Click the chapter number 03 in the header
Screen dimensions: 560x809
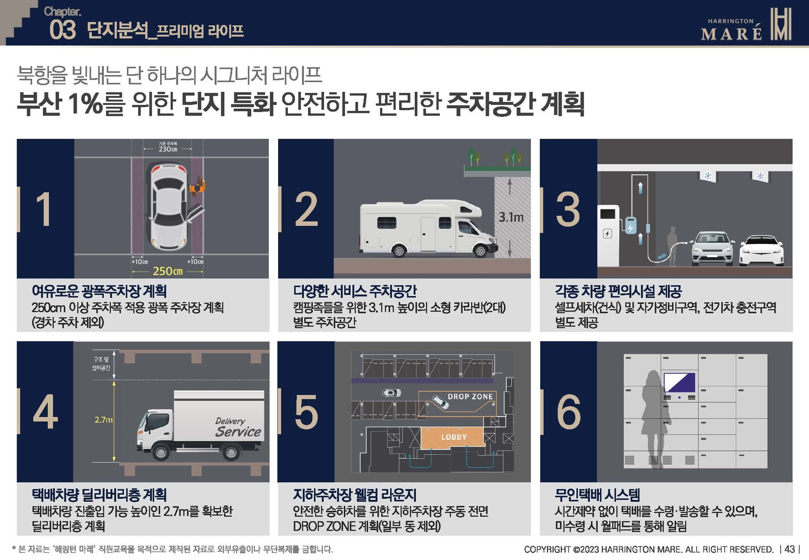pyautogui.click(x=62, y=30)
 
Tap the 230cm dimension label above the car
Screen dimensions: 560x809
pyautogui.click(x=168, y=149)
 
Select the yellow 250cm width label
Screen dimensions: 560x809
pyautogui.click(x=167, y=271)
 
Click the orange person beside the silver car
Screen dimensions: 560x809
pyautogui.click(x=197, y=186)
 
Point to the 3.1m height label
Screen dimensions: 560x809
pyautogui.click(x=511, y=217)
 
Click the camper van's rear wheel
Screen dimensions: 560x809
pyautogui.click(x=398, y=251)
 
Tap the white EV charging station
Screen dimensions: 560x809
pyautogui.click(x=608, y=235)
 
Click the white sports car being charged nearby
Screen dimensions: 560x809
pyautogui.click(x=761, y=251)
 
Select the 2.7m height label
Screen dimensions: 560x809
pyautogui.click(x=103, y=420)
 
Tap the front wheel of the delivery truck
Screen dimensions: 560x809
pyautogui.click(x=161, y=452)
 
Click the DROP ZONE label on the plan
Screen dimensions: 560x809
pyautogui.click(x=470, y=397)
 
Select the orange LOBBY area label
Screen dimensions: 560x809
pyautogui.click(x=453, y=437)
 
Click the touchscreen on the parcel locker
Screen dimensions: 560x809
pyautogui.click(x=679, y=383)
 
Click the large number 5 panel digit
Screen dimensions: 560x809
pyautogui.click(x=306, y=412)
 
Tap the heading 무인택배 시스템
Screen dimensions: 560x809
pyautogui.click(x=597, y=495)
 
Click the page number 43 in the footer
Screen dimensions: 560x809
pyautogui.click(x=790, y=549)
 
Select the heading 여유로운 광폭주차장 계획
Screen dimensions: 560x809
pyautogui.click(x=99, y=291)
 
